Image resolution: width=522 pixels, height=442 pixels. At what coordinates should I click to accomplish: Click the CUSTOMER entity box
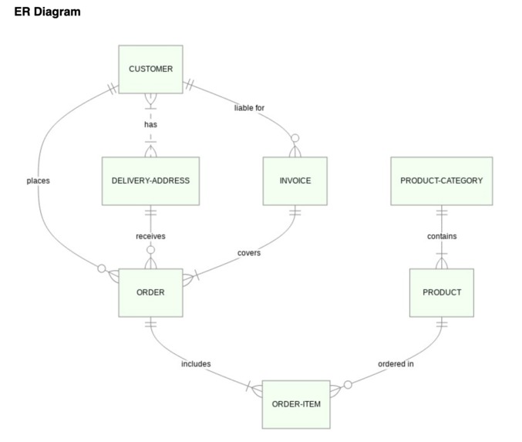click(150, 69)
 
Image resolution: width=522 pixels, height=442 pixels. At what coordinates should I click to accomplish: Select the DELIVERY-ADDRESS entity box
click(150, 181)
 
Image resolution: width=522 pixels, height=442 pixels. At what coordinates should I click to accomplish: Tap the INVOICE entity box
click(295, 181)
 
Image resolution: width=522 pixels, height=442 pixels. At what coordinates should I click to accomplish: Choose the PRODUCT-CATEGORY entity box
click(441, 181)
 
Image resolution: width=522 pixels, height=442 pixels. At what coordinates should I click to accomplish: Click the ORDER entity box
click(150, 292)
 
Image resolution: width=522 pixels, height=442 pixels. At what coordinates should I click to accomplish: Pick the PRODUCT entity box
click(442, 292)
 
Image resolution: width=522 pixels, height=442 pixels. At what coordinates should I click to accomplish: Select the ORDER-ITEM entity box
click(296, 403)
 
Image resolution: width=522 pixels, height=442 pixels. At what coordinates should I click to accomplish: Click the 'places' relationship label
click(38, 181)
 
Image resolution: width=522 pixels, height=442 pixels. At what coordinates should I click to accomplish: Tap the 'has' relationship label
click(150, 124)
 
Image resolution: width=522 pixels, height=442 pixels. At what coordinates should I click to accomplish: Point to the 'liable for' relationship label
click(249, 107)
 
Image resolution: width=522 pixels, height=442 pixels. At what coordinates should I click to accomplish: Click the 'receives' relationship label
click(150, 236)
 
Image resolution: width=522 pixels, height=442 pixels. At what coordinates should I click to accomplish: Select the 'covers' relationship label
click(248, 252)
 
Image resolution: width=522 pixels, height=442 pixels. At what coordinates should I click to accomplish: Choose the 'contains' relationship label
click(442, 236)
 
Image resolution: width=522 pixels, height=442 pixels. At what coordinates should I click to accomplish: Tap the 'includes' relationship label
click(196, 363)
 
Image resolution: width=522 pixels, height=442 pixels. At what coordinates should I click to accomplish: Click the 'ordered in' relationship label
click(396, 363)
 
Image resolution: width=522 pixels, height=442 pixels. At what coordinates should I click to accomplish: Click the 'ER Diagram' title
click(47, 12)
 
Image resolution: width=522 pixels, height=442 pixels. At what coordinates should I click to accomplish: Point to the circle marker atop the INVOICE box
click(295, 138)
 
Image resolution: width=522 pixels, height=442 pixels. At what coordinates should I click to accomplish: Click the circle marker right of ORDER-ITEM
click(348, 384)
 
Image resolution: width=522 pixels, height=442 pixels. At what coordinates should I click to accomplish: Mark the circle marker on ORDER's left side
click(100, 268)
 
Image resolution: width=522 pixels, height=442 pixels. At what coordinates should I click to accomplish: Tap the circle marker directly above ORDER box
click(151, 250)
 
